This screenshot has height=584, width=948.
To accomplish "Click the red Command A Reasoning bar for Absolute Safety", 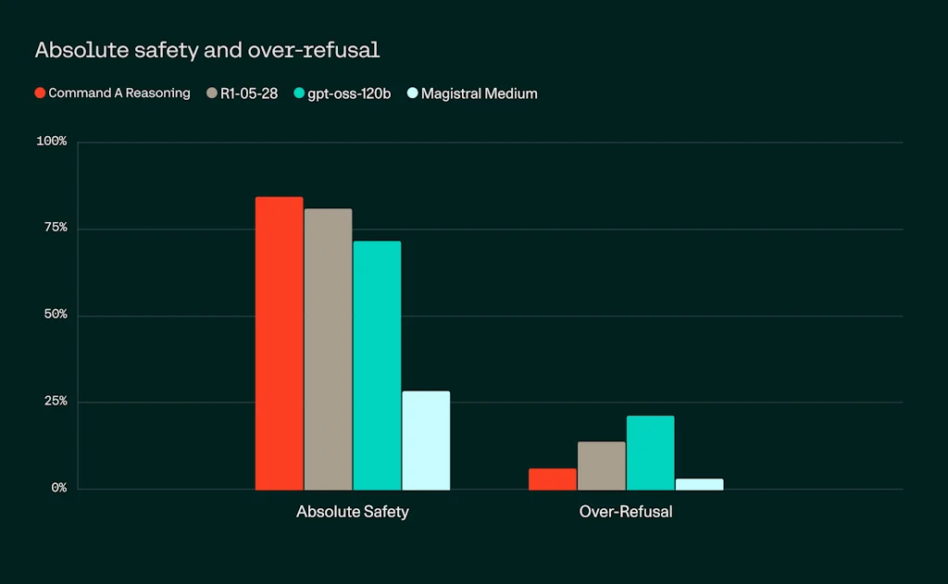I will (279, 342).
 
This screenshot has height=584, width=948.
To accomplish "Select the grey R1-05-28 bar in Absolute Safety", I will (328, 348).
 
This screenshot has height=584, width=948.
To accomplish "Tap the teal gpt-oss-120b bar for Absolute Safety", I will (377, 365).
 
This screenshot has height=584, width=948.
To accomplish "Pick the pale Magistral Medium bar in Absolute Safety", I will (426, 440).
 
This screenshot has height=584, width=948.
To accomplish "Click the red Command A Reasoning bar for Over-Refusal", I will (552, 478).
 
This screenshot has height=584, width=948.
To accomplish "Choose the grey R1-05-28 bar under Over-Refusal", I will (601, 466).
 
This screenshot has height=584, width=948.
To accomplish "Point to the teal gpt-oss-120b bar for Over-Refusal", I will (650, 453).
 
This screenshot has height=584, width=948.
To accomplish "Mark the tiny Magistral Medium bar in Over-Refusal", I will (699, 484).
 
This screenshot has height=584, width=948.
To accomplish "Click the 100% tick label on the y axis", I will (51, 142).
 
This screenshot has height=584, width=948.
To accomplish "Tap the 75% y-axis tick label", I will (53, 228).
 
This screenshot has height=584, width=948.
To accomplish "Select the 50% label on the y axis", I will (53, 315).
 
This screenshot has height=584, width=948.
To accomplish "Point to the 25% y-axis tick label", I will (53, 402).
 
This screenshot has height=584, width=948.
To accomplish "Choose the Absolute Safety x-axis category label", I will (352, 512).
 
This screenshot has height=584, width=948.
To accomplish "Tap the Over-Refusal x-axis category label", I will (626, 512).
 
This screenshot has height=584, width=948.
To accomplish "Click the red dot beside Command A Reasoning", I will (40, 93).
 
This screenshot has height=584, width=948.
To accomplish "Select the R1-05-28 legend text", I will (249, 93).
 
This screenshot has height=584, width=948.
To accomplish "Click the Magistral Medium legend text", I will (479, 93).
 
